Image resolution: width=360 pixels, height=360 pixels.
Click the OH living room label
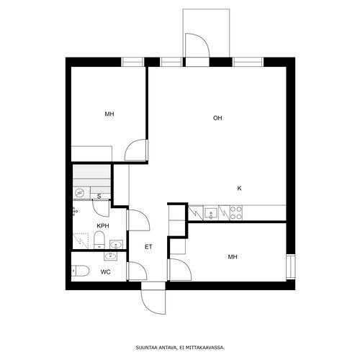217,118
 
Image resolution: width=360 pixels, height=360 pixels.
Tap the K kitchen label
239,189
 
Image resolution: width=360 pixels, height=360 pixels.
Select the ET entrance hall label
148,247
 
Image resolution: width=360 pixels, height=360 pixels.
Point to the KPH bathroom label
103,226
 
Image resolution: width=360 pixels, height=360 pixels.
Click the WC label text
106,272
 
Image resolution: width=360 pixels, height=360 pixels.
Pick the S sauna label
99,197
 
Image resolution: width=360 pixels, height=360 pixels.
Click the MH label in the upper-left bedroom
109,114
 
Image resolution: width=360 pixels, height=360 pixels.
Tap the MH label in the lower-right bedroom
233,257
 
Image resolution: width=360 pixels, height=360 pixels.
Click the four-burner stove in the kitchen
236,212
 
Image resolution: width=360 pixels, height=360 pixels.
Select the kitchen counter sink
211,213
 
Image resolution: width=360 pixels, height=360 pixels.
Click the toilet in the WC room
80,271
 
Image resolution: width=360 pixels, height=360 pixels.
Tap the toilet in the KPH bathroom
99,240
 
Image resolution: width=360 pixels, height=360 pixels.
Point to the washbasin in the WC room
110,256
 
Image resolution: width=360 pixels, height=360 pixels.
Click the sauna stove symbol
79,192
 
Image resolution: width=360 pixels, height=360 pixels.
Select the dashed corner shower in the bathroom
81,240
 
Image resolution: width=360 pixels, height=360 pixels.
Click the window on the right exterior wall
290,267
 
